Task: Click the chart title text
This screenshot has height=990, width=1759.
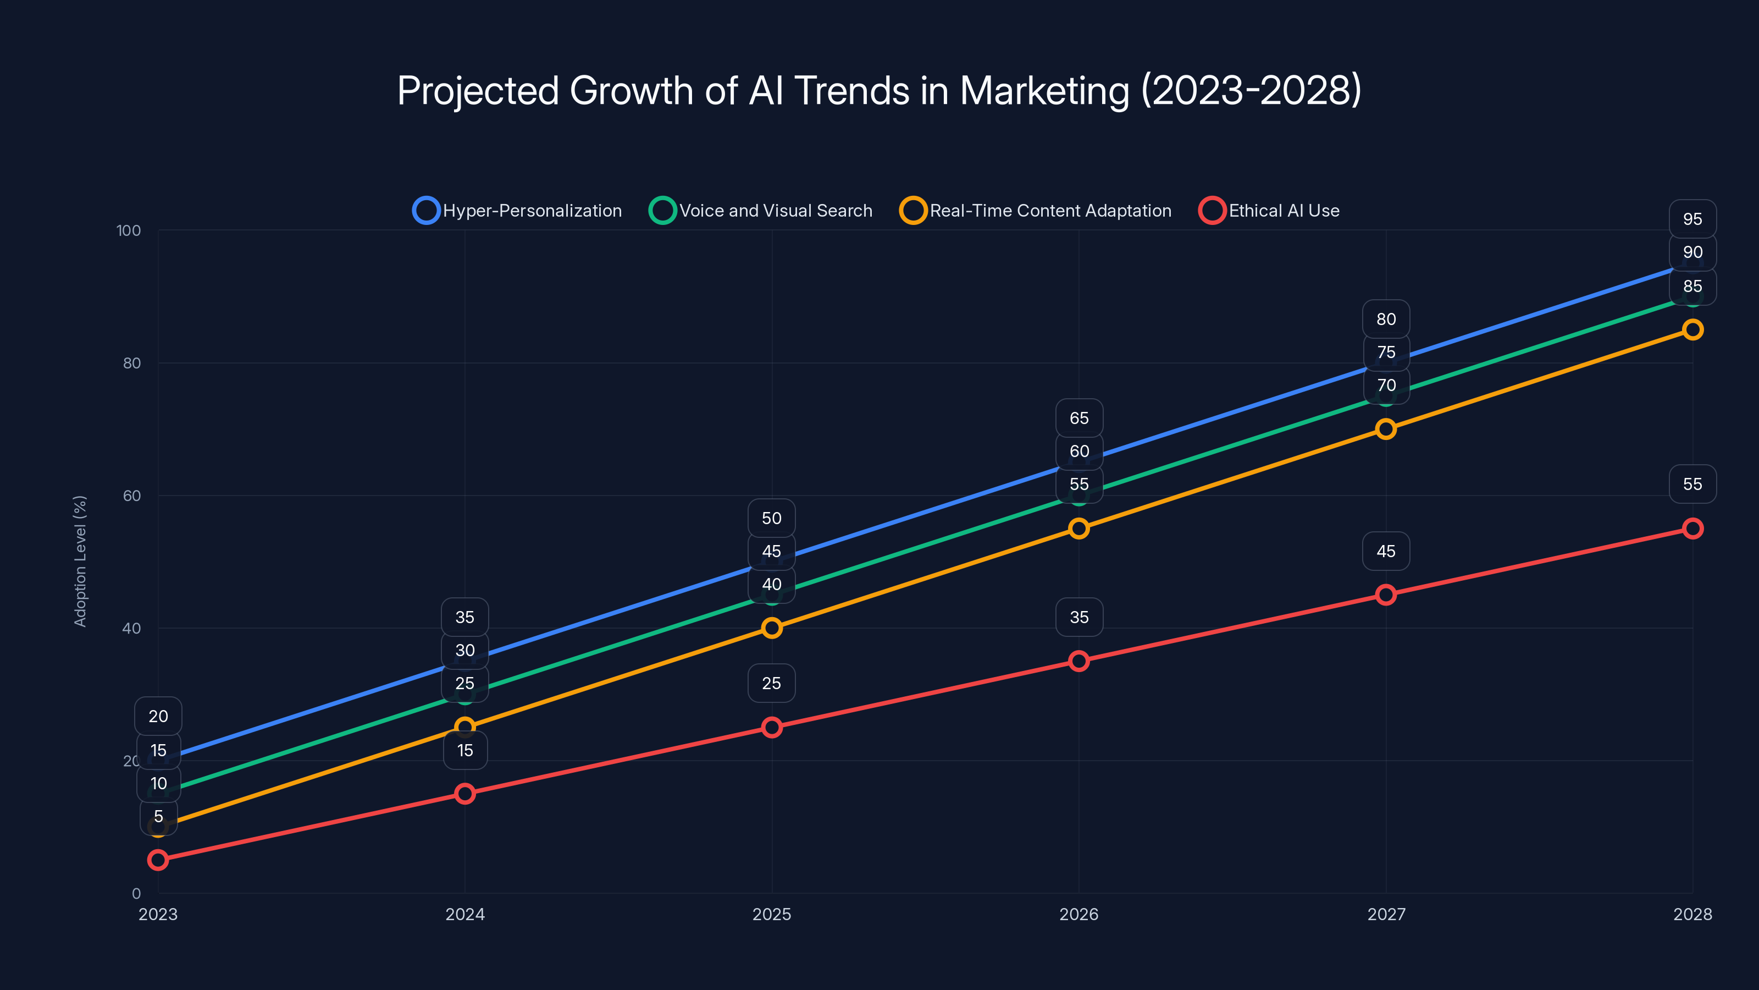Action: pyautogui.click(x=879, y=90)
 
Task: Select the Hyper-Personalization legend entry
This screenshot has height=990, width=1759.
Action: pyautogui.click(x=518, y=211)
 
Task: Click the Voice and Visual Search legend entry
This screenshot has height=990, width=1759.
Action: pyautogui.click(x=761, y=211)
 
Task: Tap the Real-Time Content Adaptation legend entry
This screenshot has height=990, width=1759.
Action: pyautogui.click(x=1036, y=211)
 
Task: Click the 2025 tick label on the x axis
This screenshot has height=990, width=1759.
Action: pyautogui.click(x=772, y=914)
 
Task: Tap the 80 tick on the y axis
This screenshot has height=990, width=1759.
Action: pyautogui.click(x=132, y=363)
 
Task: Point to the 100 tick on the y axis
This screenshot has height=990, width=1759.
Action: pyautogui.click(x=129, y=230)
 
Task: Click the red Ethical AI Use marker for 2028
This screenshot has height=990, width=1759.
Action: pyautogui.click(x=1692, y=528)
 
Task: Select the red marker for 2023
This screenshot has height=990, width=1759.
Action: pyautogui.click(x=158, y=860)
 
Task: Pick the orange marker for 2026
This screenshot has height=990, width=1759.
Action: pyautogui.click(x=1079, y=528)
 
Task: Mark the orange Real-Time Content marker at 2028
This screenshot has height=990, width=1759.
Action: pyautogui.click(x=1692, y=329)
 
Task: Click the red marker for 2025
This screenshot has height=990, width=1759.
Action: pyautogui.click(x=772, y=727)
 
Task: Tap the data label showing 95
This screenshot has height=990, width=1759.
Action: pyautogui.click(x=1692, y=219)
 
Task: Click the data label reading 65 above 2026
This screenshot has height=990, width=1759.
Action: pyautogui.click(x=1079, y=418)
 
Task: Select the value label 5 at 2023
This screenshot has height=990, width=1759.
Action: pyautogui.click(x=158, y=816)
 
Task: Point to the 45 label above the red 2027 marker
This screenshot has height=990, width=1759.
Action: pyautogui.click(x=1385, y=551)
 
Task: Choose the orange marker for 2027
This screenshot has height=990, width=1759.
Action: pyautogui.click(x=1385, y=429)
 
